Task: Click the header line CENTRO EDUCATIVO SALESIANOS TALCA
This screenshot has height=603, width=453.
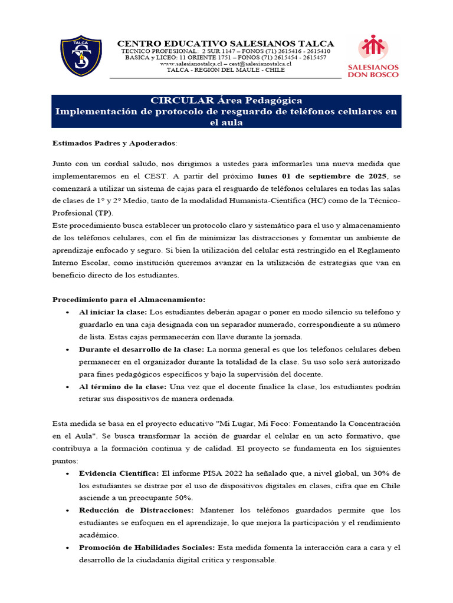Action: pyautogui.click(x=226, y=44)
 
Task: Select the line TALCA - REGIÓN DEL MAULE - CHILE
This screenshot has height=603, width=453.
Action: pyautogui.click(x=226, y=70)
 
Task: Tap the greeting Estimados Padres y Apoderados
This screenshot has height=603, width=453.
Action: pyautogui.click(x=114, y=143)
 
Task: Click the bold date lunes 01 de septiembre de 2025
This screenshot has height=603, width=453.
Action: pyautogui.click(x=322, y=176)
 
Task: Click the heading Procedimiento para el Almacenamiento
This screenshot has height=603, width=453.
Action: pyautogui.click(x=129, y=299)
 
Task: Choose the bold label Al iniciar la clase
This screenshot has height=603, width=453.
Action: pyautogui.click(x=113, y=312)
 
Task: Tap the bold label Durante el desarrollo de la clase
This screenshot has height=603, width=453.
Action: pyautogui.click(x=142, y=349)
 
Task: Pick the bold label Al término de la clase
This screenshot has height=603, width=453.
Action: pyautogui.click(x=123, y=386)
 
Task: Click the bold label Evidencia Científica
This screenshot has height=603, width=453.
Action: pyautogui.click(x=119, y=473)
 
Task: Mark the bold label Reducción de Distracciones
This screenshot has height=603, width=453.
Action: pyautogui.click(x=136, y=511)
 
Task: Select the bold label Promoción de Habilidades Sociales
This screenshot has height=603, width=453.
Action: pyautogui.click(x=147, y=548)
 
